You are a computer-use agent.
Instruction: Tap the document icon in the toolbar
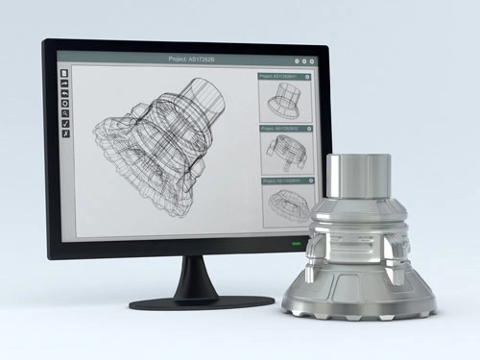click(x=64, y=74)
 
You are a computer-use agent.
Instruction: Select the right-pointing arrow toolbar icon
click(x=64, y=84)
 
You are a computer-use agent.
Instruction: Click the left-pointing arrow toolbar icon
click(x=64, y=94)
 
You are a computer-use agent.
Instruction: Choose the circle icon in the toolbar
click(x=64, y=105)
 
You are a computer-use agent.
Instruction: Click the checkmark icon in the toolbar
click(x=64, y=125)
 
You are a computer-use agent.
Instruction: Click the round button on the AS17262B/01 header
click(x=307, y=75)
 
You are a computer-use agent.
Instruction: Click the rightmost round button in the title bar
click(x=312, y=59)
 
